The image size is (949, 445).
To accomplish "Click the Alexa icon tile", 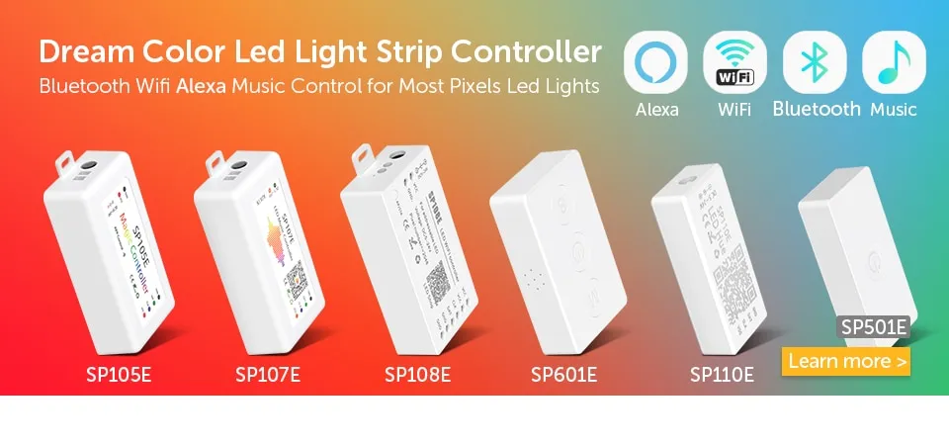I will (656, 62).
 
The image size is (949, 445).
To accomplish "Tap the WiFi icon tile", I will (734, 62).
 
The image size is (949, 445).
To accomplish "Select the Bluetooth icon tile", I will (815, 62).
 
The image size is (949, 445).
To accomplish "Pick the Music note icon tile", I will (894, 62).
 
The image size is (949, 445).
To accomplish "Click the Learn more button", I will (846, 361).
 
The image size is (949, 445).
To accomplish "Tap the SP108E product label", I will (417, 375).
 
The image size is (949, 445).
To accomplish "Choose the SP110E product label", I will (722, 375).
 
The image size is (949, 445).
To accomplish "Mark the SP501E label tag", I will (873, 327).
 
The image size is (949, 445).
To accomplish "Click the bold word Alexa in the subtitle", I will (203, 86).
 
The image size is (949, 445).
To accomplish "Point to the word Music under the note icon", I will (894, 110).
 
